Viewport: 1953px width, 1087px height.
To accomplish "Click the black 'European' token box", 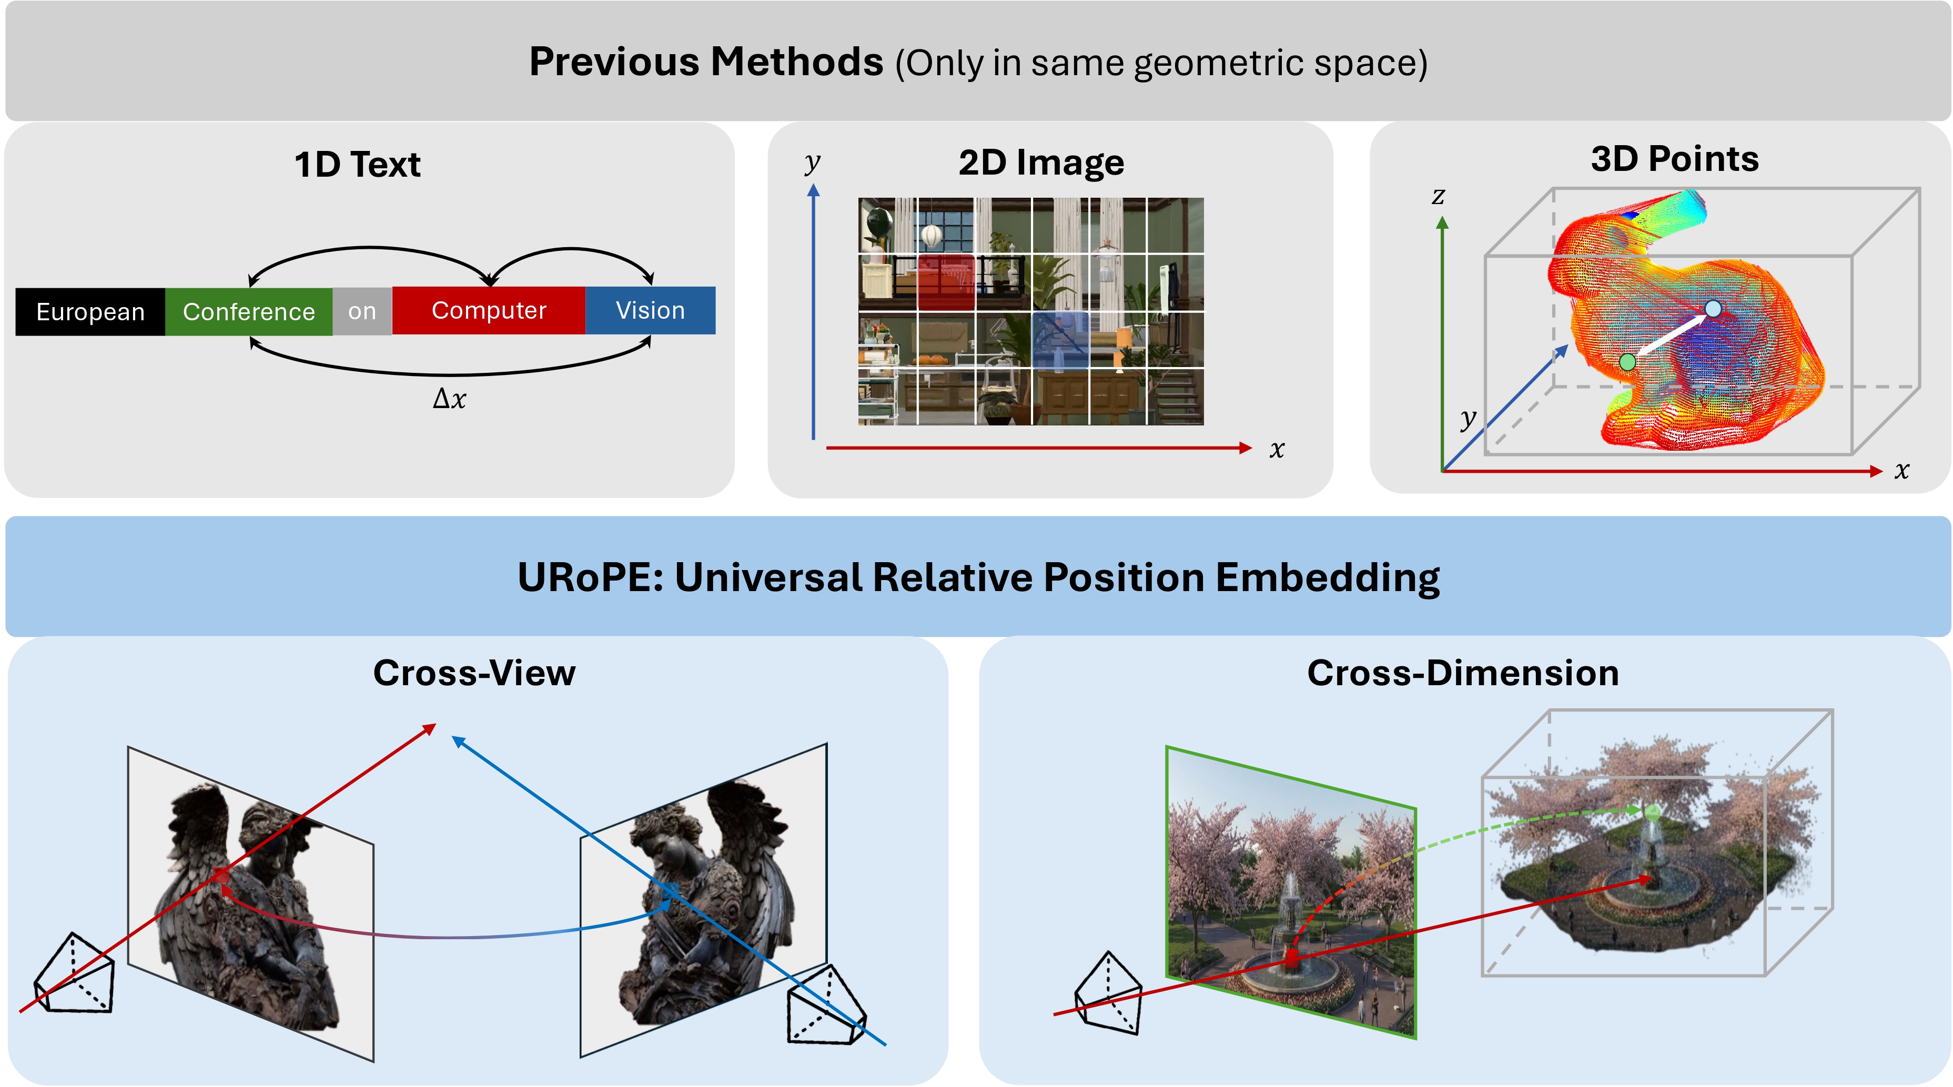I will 90,311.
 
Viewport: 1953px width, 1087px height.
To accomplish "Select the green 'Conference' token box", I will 249,311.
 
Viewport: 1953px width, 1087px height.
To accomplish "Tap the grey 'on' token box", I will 362,311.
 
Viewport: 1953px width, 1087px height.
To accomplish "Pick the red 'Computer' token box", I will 488,310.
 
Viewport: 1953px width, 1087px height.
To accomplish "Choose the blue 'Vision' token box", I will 650,310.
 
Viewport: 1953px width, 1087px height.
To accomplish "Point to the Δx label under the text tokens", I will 449,399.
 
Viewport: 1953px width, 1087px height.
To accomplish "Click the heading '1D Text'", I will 357,165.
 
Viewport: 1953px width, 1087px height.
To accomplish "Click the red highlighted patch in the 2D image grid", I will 945,282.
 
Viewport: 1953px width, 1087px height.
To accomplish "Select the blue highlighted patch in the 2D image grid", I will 1060,340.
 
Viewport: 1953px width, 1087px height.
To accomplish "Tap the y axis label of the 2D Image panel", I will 812,161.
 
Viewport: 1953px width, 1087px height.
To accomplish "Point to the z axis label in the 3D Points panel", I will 1438,196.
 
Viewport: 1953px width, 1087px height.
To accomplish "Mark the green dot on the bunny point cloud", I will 1627,362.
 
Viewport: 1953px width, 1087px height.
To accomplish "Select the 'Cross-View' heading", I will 474,673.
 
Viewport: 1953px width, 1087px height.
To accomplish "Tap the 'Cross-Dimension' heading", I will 1462,673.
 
